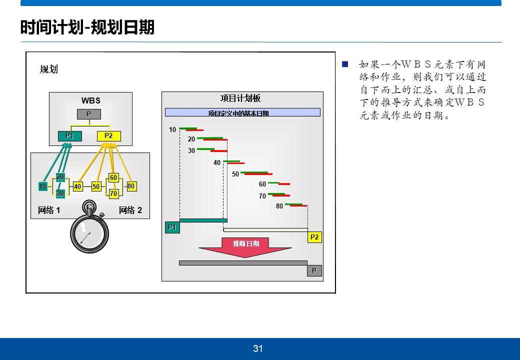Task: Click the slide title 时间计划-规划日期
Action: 87,27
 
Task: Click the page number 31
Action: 258,348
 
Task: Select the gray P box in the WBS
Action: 88,114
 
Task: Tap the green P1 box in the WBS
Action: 69,135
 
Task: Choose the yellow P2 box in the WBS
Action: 108,135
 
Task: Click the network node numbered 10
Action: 43,186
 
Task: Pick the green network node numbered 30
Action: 60,193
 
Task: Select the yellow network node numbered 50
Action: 96,186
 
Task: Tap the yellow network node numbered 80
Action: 131,186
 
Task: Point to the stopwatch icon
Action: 89,228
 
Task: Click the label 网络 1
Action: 49,210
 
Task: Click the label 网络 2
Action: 130,210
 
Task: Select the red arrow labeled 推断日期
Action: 245,246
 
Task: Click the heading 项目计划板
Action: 240,98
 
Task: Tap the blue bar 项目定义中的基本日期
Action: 242,112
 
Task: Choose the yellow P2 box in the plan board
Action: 314,237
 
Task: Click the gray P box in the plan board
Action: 314,270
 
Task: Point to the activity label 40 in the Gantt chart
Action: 217,162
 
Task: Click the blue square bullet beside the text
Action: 344,64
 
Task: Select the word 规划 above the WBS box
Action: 49,69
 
